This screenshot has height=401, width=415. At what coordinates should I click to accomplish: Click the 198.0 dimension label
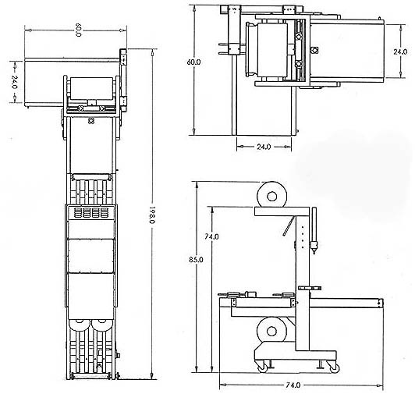(x=151, y=215)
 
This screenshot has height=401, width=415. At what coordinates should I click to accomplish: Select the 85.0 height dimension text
(x=196, y=260)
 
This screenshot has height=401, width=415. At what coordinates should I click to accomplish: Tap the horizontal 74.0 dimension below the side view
(x=293, y=385)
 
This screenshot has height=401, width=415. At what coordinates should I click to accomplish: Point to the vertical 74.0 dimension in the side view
(x=211, y=236)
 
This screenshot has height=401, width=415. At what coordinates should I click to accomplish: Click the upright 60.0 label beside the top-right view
(x=193, y=62)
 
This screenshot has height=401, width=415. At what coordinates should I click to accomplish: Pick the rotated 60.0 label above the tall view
(x=78, y=30)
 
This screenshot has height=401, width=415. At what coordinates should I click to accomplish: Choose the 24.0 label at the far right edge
(x=400, y=51)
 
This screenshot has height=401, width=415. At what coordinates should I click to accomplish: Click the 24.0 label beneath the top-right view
(x=264, y=147)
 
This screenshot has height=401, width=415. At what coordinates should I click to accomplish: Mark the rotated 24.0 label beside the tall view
(x=15, y=82)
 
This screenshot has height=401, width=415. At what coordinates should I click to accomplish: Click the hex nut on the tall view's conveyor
(x=90, y=121)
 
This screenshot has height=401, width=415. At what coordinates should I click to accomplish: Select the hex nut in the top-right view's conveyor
(x=314, y=50)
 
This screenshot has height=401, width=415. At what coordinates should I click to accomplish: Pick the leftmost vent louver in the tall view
(x=77, y=213)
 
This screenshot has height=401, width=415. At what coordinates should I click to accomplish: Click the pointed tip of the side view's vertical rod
(x=314, y=254)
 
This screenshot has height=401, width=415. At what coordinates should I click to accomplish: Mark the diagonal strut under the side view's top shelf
(x=289, y=225)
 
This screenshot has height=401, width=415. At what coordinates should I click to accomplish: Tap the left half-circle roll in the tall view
(x=79, y=325)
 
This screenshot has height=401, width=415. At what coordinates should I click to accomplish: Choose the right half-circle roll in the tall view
(x=101, y=325)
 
